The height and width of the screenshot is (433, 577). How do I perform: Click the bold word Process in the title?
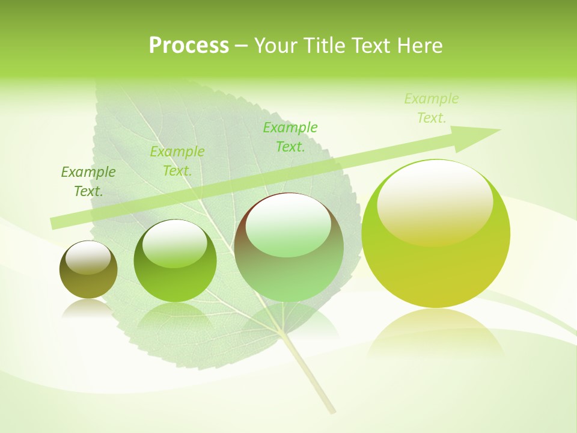click(x=189, y=46)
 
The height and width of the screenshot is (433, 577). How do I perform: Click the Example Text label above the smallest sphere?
click(x=88, y=182)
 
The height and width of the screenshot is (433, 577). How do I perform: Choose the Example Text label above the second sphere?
click(x=177, y=161)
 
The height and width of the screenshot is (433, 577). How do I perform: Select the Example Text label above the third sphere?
click(x=290, y=137)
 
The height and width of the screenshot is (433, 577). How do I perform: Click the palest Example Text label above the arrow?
click(x=432, y=108)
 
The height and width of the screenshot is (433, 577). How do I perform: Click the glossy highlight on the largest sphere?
click(x=435, y=201)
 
